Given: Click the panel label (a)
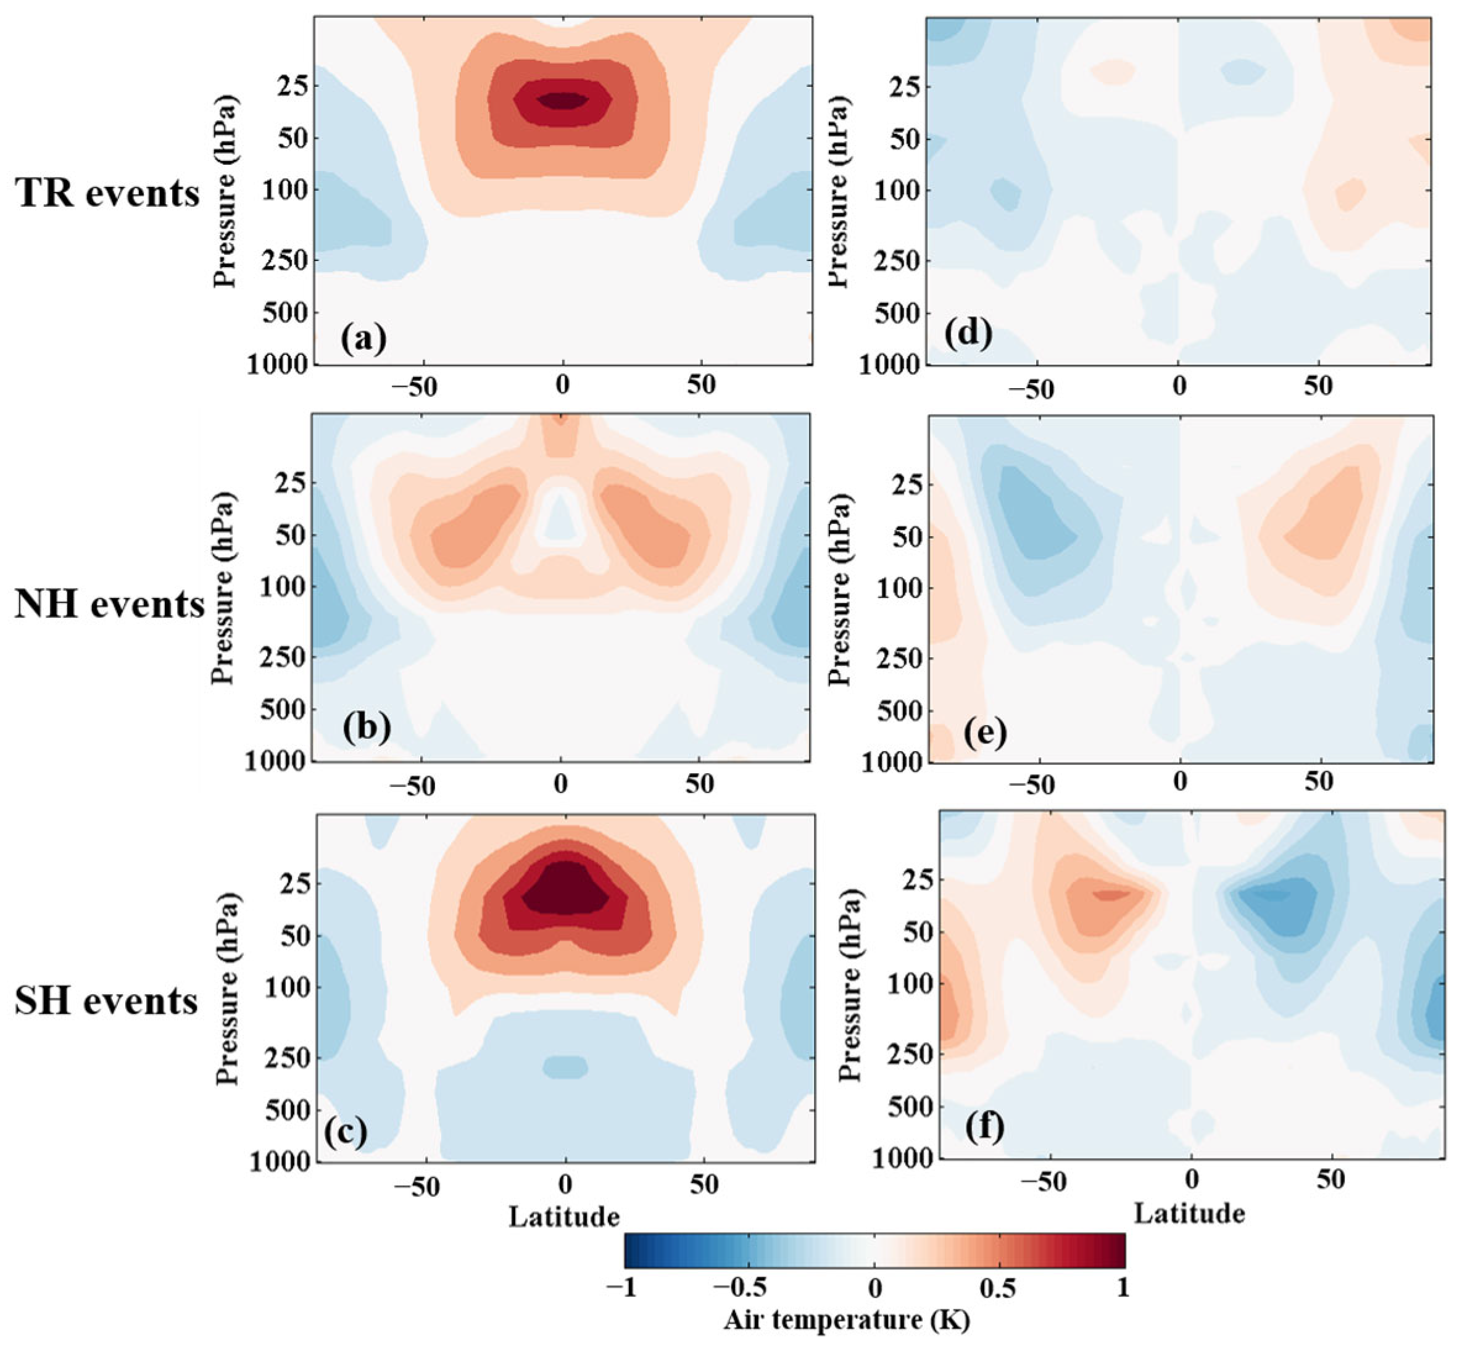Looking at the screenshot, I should click(363, 339).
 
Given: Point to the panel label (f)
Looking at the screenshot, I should click(984, 1127).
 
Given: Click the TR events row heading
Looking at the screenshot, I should click(107, 194).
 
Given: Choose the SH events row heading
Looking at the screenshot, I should click(107, 1000).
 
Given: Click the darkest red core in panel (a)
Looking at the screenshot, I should click(562, 99).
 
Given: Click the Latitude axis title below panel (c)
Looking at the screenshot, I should click(564, 1217).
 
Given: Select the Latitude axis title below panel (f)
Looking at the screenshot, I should click(1189, 1214).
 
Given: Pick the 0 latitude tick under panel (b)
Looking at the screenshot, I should click(560, 785).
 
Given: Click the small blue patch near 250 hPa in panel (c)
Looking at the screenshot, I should click(565, 1067).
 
